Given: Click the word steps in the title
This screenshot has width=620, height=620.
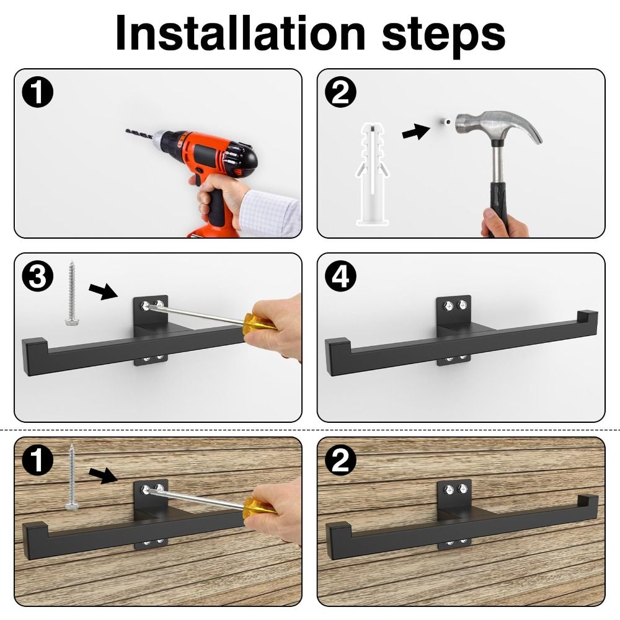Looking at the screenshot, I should tap(442, 34).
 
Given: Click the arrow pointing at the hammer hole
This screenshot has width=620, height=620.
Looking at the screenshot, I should tap(415, 131).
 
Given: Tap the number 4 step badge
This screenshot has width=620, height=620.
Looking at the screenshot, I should tap(343, 277).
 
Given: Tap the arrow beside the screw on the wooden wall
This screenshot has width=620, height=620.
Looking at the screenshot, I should tap(103, 476).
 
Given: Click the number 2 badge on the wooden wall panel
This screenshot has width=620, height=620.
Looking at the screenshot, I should tap(343, 461).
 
